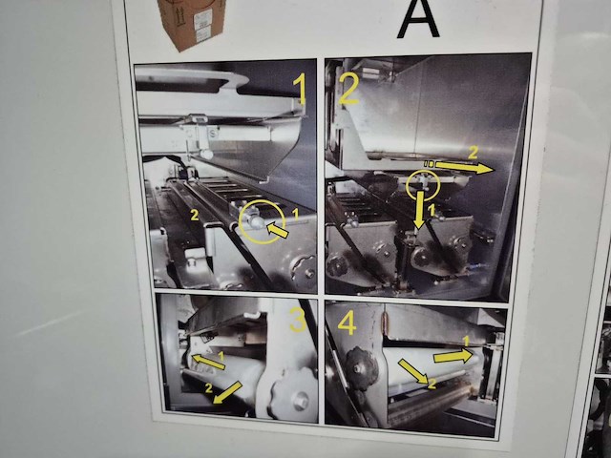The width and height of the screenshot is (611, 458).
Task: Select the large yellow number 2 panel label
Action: [348, 89]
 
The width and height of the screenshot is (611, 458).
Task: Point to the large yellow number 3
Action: [298, 320]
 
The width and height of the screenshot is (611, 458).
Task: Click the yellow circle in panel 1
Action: [260, 221]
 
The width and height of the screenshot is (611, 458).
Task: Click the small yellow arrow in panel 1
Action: [278, 229]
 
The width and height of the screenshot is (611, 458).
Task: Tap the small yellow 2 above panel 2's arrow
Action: [471, 152]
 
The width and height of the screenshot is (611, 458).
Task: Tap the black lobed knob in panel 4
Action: [363, 363]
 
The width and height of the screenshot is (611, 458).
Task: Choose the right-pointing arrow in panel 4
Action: [452, 356]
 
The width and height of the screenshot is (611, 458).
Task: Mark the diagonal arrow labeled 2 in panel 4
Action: [412, 371]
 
